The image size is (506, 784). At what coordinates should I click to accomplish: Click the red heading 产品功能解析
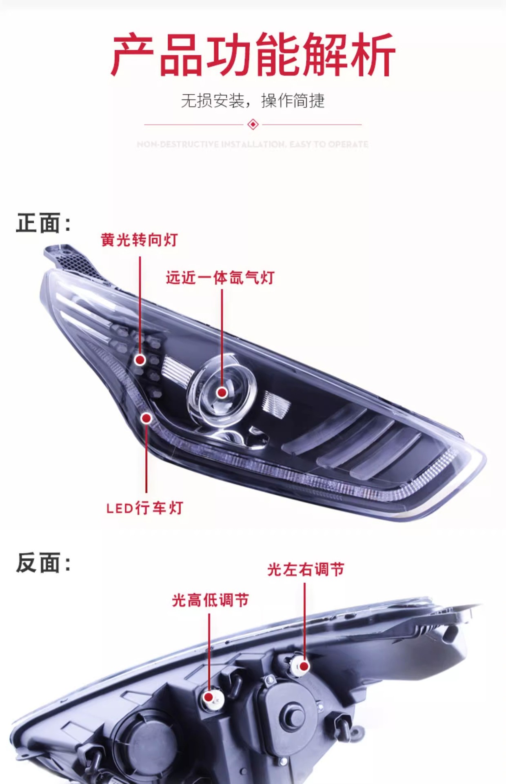click(253, 55)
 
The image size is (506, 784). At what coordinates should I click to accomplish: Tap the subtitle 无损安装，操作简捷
click(253, 100)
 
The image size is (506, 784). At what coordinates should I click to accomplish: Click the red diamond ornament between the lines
click(253, 124)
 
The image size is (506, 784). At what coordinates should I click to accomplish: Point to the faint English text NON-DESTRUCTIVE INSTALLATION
click(253, 144)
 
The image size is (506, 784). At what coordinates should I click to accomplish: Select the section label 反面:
click(43, 563)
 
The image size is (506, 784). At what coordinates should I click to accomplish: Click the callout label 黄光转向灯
click(139, 240)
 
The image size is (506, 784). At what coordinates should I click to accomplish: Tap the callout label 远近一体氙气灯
click(220, 278)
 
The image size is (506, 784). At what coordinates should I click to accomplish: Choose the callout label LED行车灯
click(144, 508)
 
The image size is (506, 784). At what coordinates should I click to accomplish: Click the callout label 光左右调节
click(306, 569)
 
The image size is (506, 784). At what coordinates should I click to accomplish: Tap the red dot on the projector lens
click(222, 392)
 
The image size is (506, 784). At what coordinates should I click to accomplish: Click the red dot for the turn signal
click(140, 360)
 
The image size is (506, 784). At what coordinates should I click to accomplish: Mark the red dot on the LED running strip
click(146, 418)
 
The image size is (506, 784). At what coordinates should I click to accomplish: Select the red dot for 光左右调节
click(304, 666)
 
